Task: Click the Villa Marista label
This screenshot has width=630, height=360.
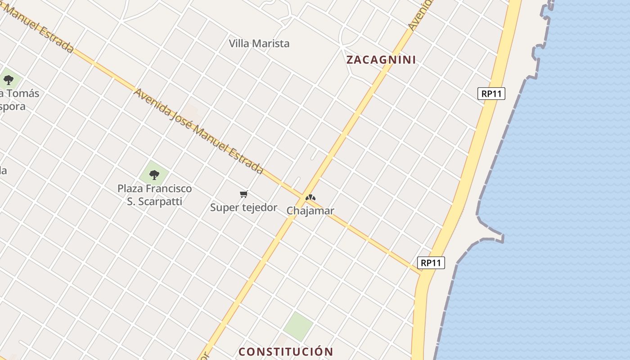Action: pyautogui.click(x=259, y=44)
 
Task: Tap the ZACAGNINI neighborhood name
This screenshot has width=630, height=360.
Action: pyautogui.click(x=381, y=60)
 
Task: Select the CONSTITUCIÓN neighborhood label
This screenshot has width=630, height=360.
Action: pyautogui.click(x=286, y=351)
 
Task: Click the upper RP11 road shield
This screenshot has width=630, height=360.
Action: pyautogui.click(x=491, y=94)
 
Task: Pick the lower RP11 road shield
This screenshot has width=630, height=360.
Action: pyautogui.click(x=431, y=263)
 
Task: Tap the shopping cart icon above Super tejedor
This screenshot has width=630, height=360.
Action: pyautogui.click(x=243, y=194)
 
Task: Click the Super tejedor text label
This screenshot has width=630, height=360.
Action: pyautogui.click(x=243, y=207)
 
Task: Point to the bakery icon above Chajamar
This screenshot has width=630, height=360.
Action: pyautogui.click(x=310, y=198)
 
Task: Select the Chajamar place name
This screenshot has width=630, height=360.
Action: pyautogui.click(x=310, y=211)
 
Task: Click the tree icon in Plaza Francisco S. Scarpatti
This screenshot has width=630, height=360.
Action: pyautogui.click(x=154, y=174)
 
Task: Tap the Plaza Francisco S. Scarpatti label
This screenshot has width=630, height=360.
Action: pyautogui.click(x=154, y=195)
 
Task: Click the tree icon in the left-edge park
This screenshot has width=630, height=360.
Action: pyautogui.click(x=8, y=81)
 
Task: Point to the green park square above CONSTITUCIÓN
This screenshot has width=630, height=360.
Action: pyautogui.click(x=298, y=326)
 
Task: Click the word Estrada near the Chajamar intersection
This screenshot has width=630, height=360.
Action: pyautogui.click(x=245, y=158)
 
